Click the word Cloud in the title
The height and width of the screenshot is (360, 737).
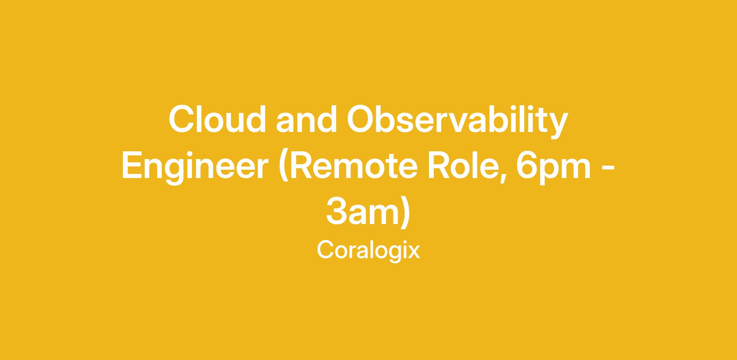(217, 119)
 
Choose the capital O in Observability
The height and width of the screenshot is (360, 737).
(361, 119)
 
